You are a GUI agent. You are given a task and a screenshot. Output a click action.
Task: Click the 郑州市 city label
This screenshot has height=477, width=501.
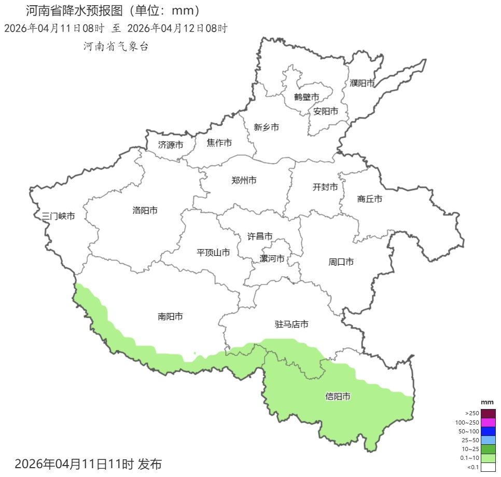click(x=244, y=181)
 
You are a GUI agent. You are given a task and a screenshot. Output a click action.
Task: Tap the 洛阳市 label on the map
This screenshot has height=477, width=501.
click(x=145, y=210)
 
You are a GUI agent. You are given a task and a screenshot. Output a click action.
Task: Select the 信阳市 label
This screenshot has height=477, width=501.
click(x=338, y=397)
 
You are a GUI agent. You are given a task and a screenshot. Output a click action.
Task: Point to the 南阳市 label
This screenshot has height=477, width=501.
click(x=170, y=316)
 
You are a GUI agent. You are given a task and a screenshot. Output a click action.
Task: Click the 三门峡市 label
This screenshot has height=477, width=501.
click(x=58, y=216)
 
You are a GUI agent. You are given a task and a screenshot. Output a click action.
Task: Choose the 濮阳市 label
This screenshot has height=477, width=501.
click(x=362, y=83)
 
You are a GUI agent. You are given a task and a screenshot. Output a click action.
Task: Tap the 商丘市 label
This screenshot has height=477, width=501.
click(x=370, y=199)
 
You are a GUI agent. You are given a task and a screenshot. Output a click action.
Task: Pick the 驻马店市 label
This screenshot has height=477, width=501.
click(x=291, y=324)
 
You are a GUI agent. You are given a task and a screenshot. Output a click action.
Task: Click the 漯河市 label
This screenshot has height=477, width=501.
click(x=272, y=258)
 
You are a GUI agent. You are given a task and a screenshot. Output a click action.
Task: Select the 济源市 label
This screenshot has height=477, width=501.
click(x=171, y=145)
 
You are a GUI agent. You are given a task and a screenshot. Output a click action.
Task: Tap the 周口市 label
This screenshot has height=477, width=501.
click(x=341, y=262)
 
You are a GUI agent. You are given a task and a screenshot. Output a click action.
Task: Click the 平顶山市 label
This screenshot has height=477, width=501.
click(x=213, y=253)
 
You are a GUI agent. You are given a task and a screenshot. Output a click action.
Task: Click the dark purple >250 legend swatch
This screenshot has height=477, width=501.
click(x=488, y=413)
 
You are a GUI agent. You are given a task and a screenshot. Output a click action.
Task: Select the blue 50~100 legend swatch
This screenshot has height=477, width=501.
click(x=488, y=431)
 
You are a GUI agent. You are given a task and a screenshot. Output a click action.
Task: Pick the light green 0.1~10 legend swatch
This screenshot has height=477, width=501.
click(x=488, y=458)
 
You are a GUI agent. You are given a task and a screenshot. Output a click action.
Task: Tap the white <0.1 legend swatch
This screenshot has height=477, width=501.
click(x=488, y=467)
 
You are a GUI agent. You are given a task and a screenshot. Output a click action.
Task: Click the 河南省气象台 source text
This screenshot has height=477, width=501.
click(x=116, y=47)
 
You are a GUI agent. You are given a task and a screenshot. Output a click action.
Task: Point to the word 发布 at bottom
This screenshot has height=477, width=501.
click(x=150, y=464)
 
